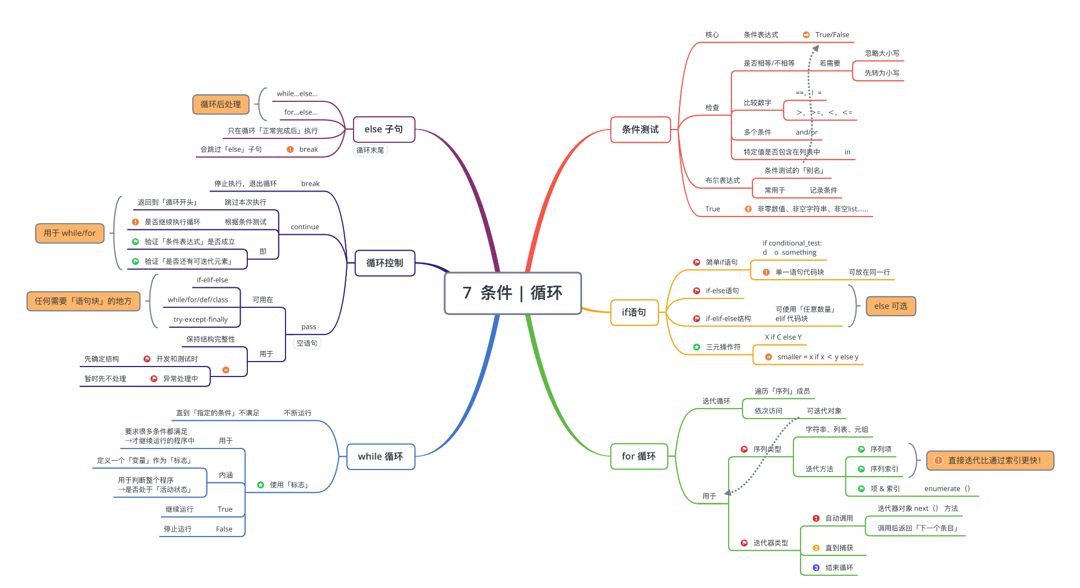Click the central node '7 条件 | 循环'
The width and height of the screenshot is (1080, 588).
(512, 293)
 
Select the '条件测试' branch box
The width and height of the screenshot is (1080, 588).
(640, 130)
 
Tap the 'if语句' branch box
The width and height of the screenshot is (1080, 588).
(634, 312)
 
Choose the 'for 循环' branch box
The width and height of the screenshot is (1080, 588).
(638, 456)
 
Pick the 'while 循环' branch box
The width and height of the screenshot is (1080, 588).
(381, 457)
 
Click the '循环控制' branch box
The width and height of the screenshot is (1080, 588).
(385, 263)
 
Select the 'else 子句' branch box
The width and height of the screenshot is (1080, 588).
(383, 130)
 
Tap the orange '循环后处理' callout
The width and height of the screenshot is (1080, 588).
(221, 104)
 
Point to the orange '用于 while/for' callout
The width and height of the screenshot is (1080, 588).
(70, 233)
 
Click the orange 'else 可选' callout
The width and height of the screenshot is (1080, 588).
(890, 306)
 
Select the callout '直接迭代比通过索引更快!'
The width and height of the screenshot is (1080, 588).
(990, 461)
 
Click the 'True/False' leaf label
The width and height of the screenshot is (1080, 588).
(832, 35)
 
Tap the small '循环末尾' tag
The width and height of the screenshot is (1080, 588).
(370, 151)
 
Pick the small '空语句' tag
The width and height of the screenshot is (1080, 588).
(307, 343)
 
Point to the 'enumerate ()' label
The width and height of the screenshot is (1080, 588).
(947, 489)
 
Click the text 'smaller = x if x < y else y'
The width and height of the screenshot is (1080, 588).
(818, 357)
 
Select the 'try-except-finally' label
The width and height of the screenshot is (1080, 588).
(200, 319)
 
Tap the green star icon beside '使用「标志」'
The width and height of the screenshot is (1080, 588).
(261, 485)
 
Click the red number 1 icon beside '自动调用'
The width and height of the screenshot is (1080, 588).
(816, 518)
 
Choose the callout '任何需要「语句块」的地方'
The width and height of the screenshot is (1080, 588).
(84, 301)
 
